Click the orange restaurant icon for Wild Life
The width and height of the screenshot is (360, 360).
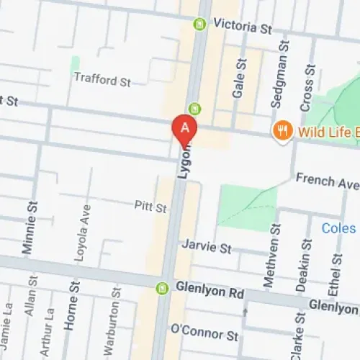coord(282,131)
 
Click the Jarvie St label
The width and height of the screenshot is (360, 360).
coord(206,247)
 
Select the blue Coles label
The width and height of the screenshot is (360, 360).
coord(338,228)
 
